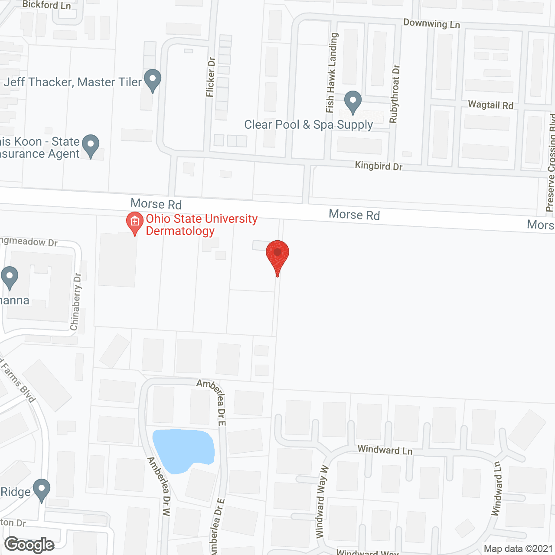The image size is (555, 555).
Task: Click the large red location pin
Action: [x=277, y=255]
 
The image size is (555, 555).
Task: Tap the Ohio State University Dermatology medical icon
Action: [x=135, y=222]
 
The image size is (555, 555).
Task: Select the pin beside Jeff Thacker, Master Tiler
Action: [x=152, y=80]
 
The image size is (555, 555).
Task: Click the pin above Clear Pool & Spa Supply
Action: [x=353, y=101]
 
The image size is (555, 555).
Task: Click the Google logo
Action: [x=29, y=545]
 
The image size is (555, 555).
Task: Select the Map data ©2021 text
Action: [x=518, y=549]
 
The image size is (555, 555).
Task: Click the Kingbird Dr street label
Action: [x=379, y=166]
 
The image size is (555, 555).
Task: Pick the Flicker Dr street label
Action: [x=211, y=77]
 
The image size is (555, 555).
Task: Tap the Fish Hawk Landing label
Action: [x=332, y=73]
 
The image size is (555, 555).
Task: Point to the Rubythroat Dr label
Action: [x=395, y=94]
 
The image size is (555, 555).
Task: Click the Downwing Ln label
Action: [x=431, y=23]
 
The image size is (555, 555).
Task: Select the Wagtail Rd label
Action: [x=490, y=105]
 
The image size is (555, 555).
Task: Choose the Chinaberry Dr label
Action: [x=76, y=301]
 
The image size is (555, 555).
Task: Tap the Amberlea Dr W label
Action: [x=159, y=486]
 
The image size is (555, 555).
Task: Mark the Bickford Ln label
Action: [x=46, y=5]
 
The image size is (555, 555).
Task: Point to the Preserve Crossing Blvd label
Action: [x=551, y=163]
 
